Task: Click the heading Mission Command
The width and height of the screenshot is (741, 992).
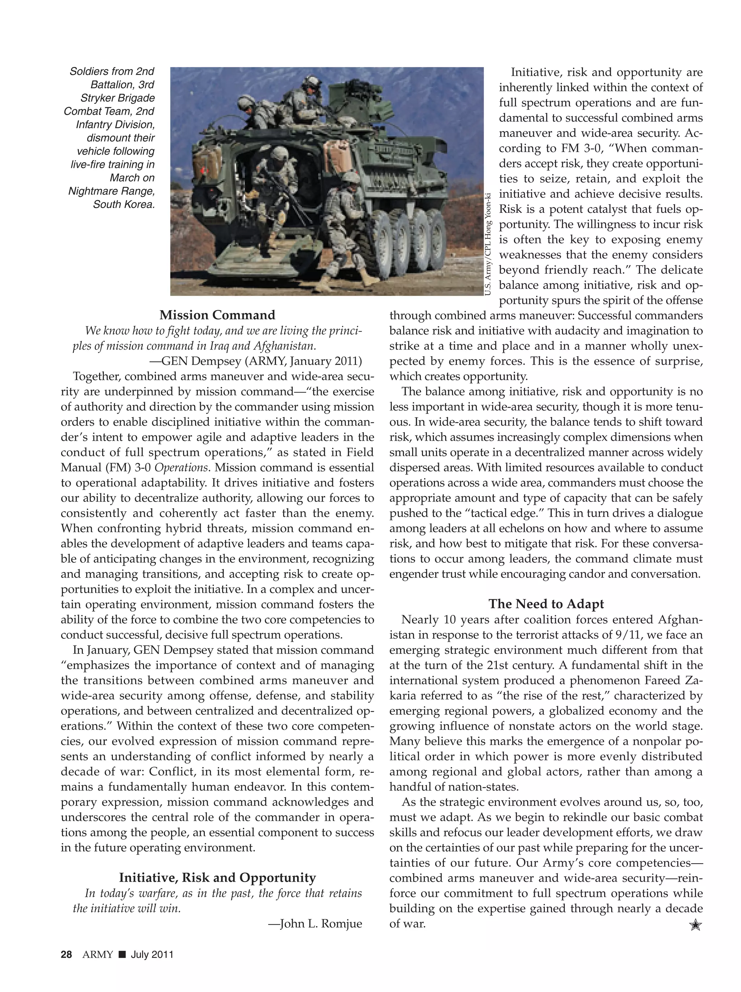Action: click(x=217, y=315)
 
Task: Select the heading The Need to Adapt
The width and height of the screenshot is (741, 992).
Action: click(x=546, y=604)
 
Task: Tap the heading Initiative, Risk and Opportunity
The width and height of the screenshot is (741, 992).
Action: click(x=217, y=877)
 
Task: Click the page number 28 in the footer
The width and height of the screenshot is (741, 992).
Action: click(x=66, y=954)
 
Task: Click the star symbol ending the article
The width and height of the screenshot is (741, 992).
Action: click(x=695, y=925)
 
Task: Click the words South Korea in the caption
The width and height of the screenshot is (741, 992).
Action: click(x=124, y=204)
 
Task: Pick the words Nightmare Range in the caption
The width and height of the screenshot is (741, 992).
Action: click(x=111, y=191)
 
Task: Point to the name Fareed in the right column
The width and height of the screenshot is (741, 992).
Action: click(x=665, y=680)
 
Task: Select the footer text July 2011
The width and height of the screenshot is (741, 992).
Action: click(x=152, y=954)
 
